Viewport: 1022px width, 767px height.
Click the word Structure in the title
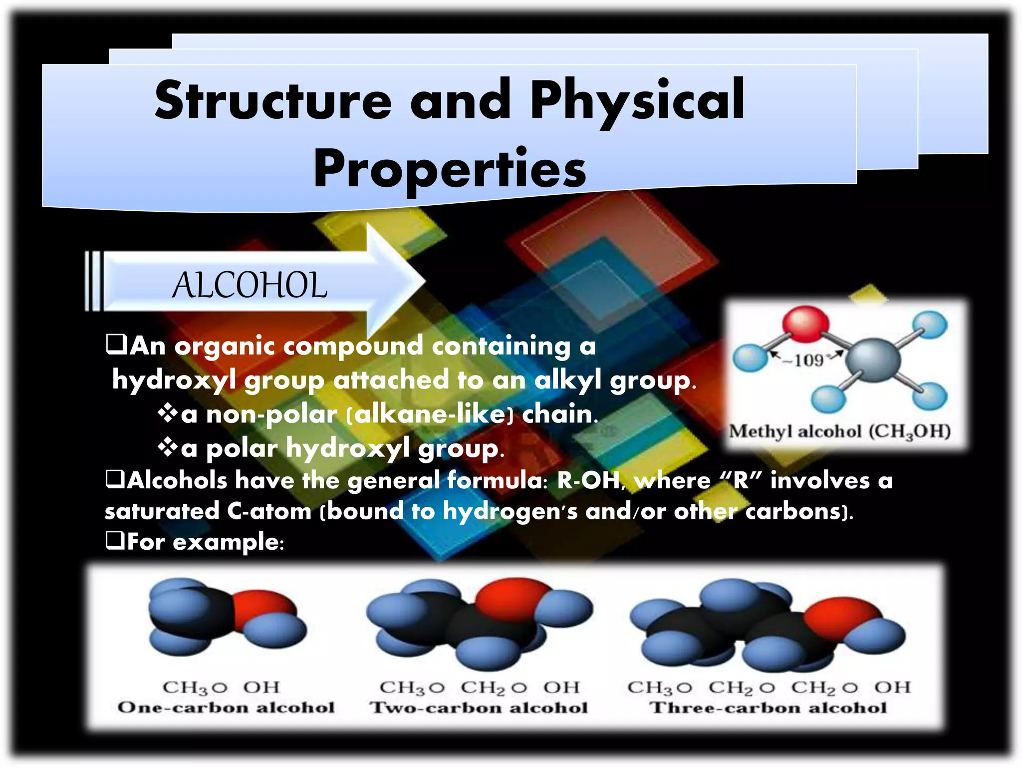point(273,101)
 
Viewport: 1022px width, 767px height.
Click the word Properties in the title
point(450,170)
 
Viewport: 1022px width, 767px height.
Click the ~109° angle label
point(808,360)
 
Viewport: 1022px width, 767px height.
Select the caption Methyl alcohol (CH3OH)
point(840,431)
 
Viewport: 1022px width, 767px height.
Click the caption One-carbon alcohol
point(226,708)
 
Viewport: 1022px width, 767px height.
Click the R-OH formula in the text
point(588,480)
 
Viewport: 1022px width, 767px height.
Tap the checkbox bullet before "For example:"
point(115,540)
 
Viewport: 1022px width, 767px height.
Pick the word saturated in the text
point(162,511)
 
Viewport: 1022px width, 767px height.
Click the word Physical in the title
point(637,101)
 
